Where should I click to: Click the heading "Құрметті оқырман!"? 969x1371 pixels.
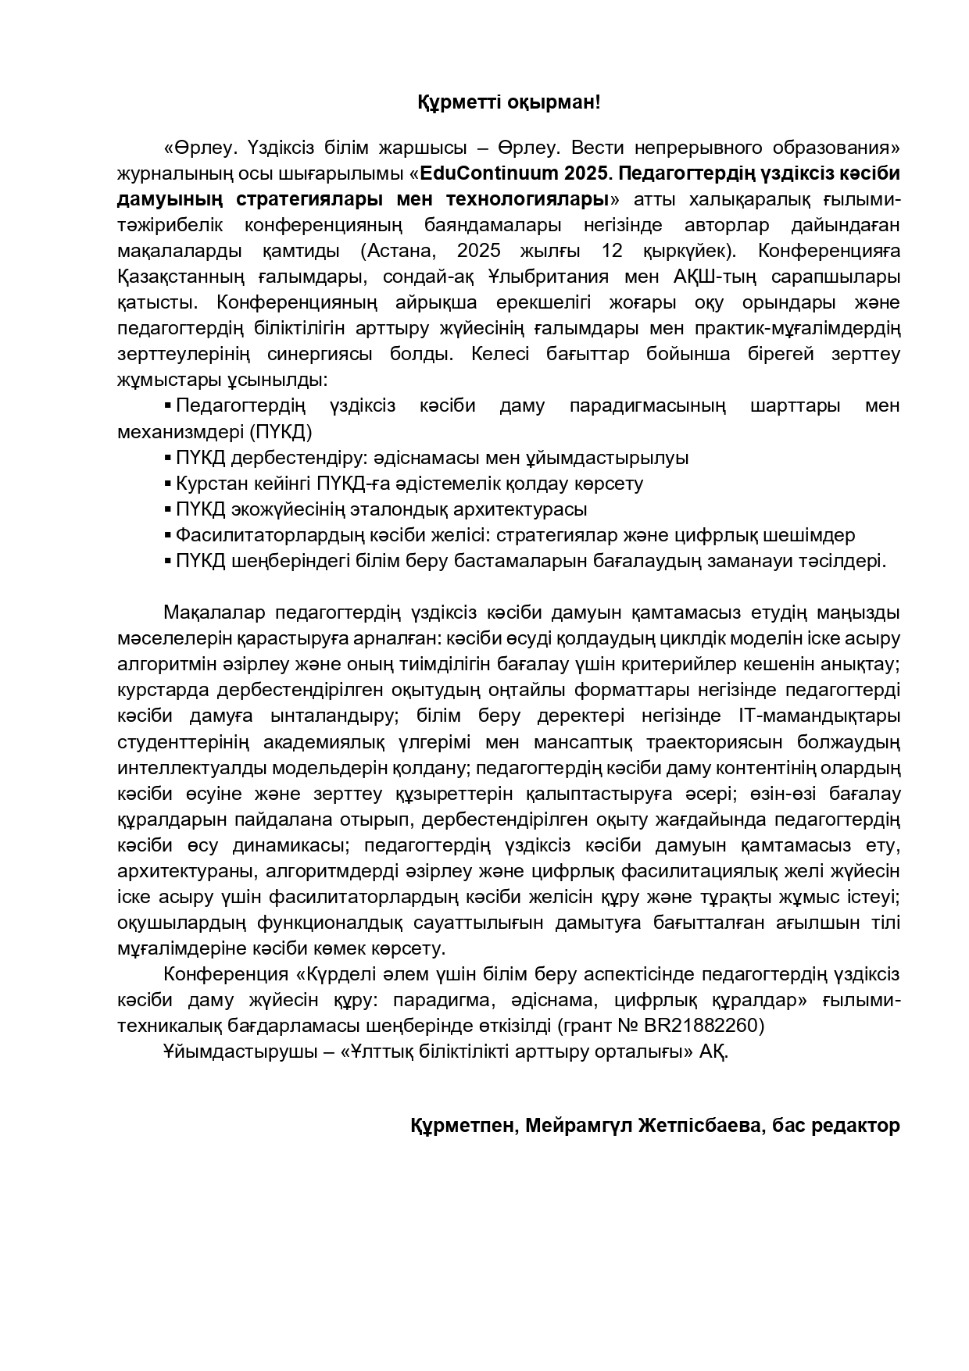[508, 102]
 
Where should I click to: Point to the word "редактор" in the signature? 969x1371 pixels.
[856, 1126]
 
